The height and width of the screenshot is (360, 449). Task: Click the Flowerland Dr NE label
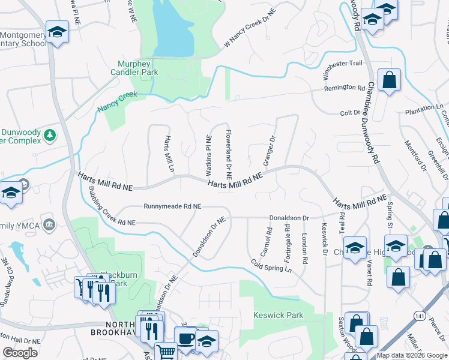[228, 154]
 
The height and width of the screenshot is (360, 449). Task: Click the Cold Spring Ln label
[271, 265]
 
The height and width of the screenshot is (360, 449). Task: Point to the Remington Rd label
[345, 88]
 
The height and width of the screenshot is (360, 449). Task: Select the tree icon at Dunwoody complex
[50, 136]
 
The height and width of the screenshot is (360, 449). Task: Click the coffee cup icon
[185, 337]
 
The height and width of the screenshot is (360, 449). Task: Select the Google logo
[20, 353]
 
